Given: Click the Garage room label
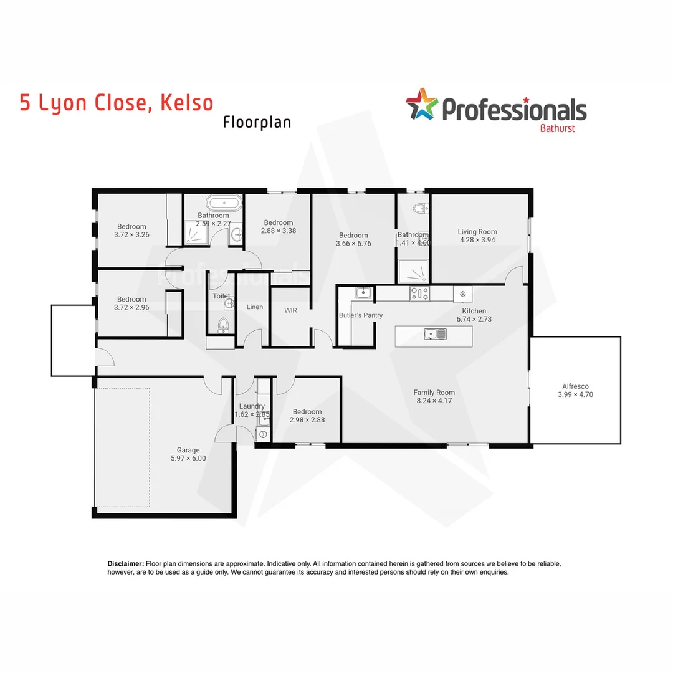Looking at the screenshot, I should point(188,450).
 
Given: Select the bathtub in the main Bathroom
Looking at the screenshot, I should point(222,203).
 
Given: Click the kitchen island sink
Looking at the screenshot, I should point(436,335).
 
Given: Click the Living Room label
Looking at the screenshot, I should point(477,231).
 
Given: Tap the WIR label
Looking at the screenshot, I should point(291,309).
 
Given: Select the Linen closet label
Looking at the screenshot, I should point(255,307).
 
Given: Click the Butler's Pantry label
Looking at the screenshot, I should point(361,315).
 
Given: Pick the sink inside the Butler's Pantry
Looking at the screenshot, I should point(363,293).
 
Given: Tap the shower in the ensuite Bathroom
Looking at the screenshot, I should point(414,272).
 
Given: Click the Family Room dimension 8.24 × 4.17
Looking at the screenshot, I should point(434,401).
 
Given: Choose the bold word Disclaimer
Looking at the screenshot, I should point(126,563).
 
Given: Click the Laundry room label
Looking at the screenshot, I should point(252,406).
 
